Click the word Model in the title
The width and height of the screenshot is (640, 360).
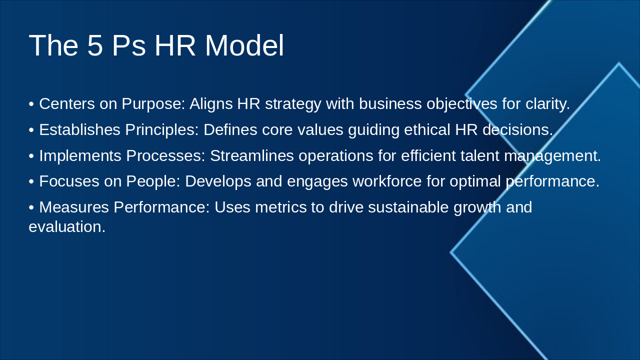coord(244,45)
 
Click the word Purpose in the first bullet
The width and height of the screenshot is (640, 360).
coord(153,104)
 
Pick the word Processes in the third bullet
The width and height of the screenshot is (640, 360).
coord(165,156)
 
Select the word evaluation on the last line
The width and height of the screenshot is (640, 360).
coord(66,227)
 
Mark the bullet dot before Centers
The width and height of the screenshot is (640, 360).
coord(31,104)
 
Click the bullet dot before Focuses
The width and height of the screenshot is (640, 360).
coord(31,181)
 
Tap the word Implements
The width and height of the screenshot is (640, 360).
coord(80,156)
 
